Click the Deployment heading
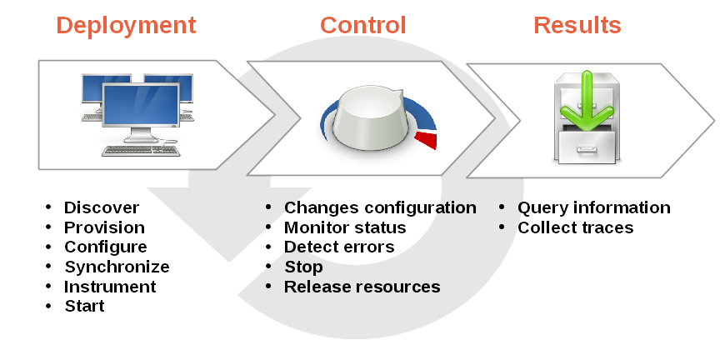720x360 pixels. pyautogui.click(x=126, y=26)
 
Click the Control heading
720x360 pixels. pyautogui.click(x=362, y=26)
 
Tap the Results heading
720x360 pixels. pyautogui.click(x=577, y=26)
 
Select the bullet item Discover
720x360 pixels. pyautogui.click(x=101, y=207)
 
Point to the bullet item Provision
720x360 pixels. pyautogui.click(x=104, y=227)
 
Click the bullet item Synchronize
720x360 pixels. pyautogui.click(x=117, y=267)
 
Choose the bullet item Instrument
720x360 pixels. pyautogui.click(x=110, y=287)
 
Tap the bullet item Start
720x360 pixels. pyautogui.click(x=84, y=306)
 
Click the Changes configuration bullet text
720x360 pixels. pyautogui.click(x=380, y=207)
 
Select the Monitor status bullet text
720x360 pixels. pyautogui.click(x=345, y=227)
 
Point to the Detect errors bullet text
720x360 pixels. pyautogui.click(x=339, y=247)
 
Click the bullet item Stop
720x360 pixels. pyautogui.click(x=303, y=267)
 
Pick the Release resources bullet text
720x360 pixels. pyautogui.click(x=362, y=287)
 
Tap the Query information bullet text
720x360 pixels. pyautogui.click(x=593, y=207)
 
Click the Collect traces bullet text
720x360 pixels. pyautogui.click(x=575, y=227)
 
